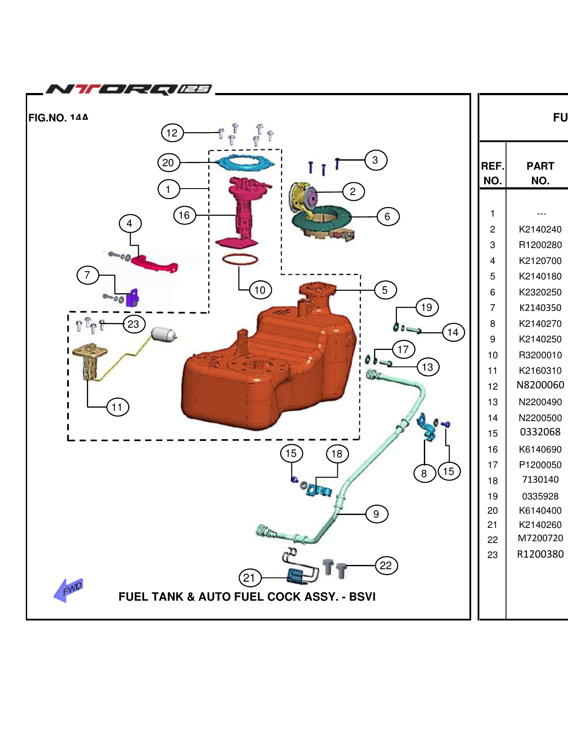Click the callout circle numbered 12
(172, 133)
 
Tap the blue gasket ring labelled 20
(244, 163)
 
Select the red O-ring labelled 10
(240, 260)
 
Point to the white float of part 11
(164, 334)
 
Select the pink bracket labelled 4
(155, 264)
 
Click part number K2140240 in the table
(540, 230)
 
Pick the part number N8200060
(540, 385)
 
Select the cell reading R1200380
(540, 555)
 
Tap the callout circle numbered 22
(386, 566)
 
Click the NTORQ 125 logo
(129, 89)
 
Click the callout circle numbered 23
(134, 324)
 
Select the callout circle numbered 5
(385, 290)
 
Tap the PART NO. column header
(540, 173)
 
